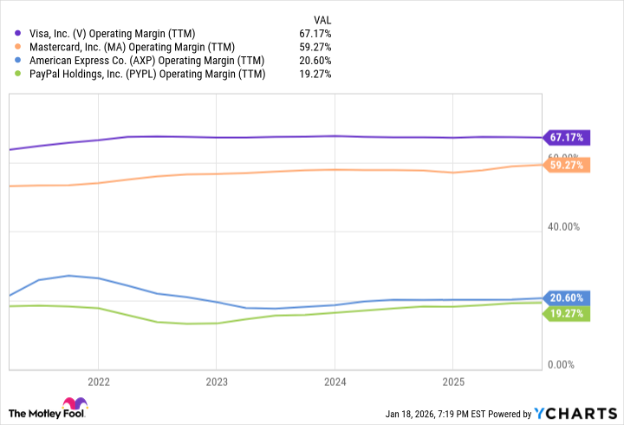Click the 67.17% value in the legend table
[x=314, y=34]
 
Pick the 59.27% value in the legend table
[x=314, y=47]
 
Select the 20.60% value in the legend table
[x=314, y=61]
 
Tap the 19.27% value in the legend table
[x=314, y=75]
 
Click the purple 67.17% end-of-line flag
[x=567, y=137]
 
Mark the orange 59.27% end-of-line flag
[x=567, y=165]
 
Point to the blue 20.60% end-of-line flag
[x=567, y=297]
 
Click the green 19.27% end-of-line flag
[x=567, y=313]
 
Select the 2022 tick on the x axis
[x=98, y=382]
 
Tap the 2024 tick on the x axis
[x=335, y=382]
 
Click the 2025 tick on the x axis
[x=452, y=382]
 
